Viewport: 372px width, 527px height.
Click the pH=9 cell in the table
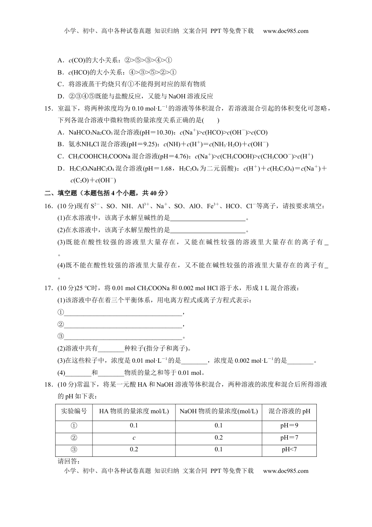289,425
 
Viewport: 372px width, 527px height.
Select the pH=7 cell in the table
289,438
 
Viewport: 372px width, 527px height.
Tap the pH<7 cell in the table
289,449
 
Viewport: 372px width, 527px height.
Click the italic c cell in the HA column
134,438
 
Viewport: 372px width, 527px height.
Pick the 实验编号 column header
74,411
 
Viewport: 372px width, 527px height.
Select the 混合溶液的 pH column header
289,411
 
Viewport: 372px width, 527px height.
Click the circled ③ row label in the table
74,449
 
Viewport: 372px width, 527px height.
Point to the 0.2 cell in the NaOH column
219,438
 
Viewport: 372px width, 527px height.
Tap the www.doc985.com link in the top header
285,31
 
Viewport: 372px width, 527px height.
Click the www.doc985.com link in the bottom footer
285,471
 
